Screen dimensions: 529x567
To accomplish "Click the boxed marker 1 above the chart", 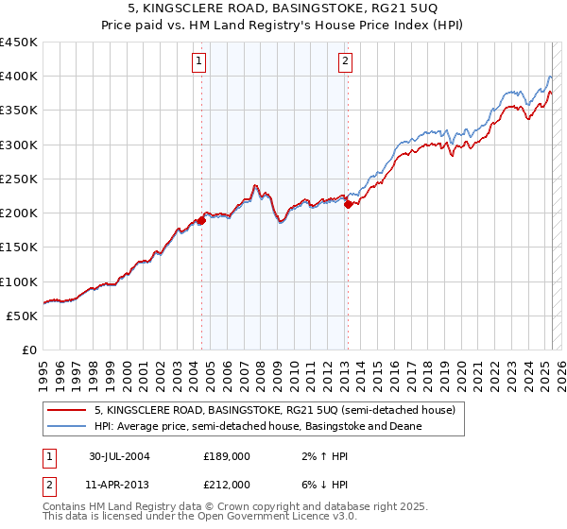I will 200,62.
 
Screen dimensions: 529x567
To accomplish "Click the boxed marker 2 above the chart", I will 345,62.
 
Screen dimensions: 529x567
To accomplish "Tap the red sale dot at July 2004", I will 202,220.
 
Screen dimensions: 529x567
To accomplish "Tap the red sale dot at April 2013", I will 348,204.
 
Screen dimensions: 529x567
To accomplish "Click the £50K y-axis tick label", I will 23,316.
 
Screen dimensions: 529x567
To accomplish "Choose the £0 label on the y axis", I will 29,350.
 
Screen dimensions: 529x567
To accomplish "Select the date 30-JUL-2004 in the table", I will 119,455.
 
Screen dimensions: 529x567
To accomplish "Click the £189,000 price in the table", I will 227,455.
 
